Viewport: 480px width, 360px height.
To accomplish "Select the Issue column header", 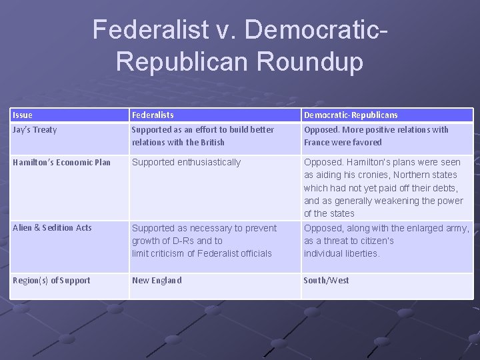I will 22,115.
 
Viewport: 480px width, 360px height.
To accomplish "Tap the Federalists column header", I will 153,115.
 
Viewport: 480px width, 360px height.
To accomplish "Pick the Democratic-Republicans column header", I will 351,115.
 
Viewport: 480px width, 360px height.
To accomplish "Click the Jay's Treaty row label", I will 35,130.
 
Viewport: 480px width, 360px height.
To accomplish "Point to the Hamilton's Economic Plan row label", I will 61,162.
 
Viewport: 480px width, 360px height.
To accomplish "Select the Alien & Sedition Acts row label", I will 52,228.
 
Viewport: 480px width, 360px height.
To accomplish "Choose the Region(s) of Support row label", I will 51,281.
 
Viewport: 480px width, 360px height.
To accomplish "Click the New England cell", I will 157,281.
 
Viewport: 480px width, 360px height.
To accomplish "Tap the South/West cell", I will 326,281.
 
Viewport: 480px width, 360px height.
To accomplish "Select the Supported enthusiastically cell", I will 186,162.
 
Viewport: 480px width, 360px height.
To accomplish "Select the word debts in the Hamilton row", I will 445,188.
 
